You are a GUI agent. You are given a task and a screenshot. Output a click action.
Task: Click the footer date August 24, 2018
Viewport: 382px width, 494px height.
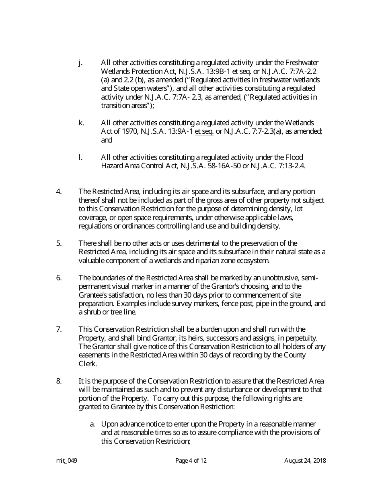pyautogui.click(x=305, y=461)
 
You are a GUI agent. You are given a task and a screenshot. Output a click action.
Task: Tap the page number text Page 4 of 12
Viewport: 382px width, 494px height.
pyautogui.click(x=191, y=461)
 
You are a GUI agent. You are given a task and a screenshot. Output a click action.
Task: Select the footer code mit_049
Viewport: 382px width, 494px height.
pyautogui.click(x=66, y=461)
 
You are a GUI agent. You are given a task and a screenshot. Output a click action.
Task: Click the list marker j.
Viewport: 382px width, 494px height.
pyautogui.click(x=80, y=63)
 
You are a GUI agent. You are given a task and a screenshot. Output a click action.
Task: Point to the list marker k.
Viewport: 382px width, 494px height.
pyautogui.click(x=81, y=122)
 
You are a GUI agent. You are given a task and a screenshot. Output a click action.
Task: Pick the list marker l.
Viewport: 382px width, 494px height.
pyautogui.click(x=80, y=157)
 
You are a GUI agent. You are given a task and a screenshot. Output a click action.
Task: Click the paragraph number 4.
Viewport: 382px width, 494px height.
pyautogui.click(x=59, y=192)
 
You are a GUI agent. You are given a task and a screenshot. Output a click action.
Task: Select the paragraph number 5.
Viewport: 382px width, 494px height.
pyautogui.click(x=59, y=243)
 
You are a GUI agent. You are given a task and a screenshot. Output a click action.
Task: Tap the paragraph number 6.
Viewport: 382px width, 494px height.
pyautogui.click(x=59, y=278)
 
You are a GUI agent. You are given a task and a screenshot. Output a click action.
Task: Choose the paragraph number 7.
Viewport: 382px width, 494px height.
pyautogui.click(x=59, y=330)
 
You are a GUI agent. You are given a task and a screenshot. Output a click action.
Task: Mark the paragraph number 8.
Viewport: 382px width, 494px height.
pyautogui.click(x=59, y=381)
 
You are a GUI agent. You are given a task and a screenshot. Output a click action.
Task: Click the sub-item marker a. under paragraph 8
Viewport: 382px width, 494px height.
pyautogui.click(x=92, y=424)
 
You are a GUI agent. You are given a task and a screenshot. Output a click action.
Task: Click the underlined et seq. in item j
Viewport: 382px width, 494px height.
pyautogui.click(x=242, y=71)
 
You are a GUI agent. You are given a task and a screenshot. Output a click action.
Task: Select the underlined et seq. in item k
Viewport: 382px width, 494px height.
pyautogui.click(x=204, y=131)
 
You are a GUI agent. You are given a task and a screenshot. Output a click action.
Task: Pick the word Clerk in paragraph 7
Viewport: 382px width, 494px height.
pyautogui.click(x=88, y=364)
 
